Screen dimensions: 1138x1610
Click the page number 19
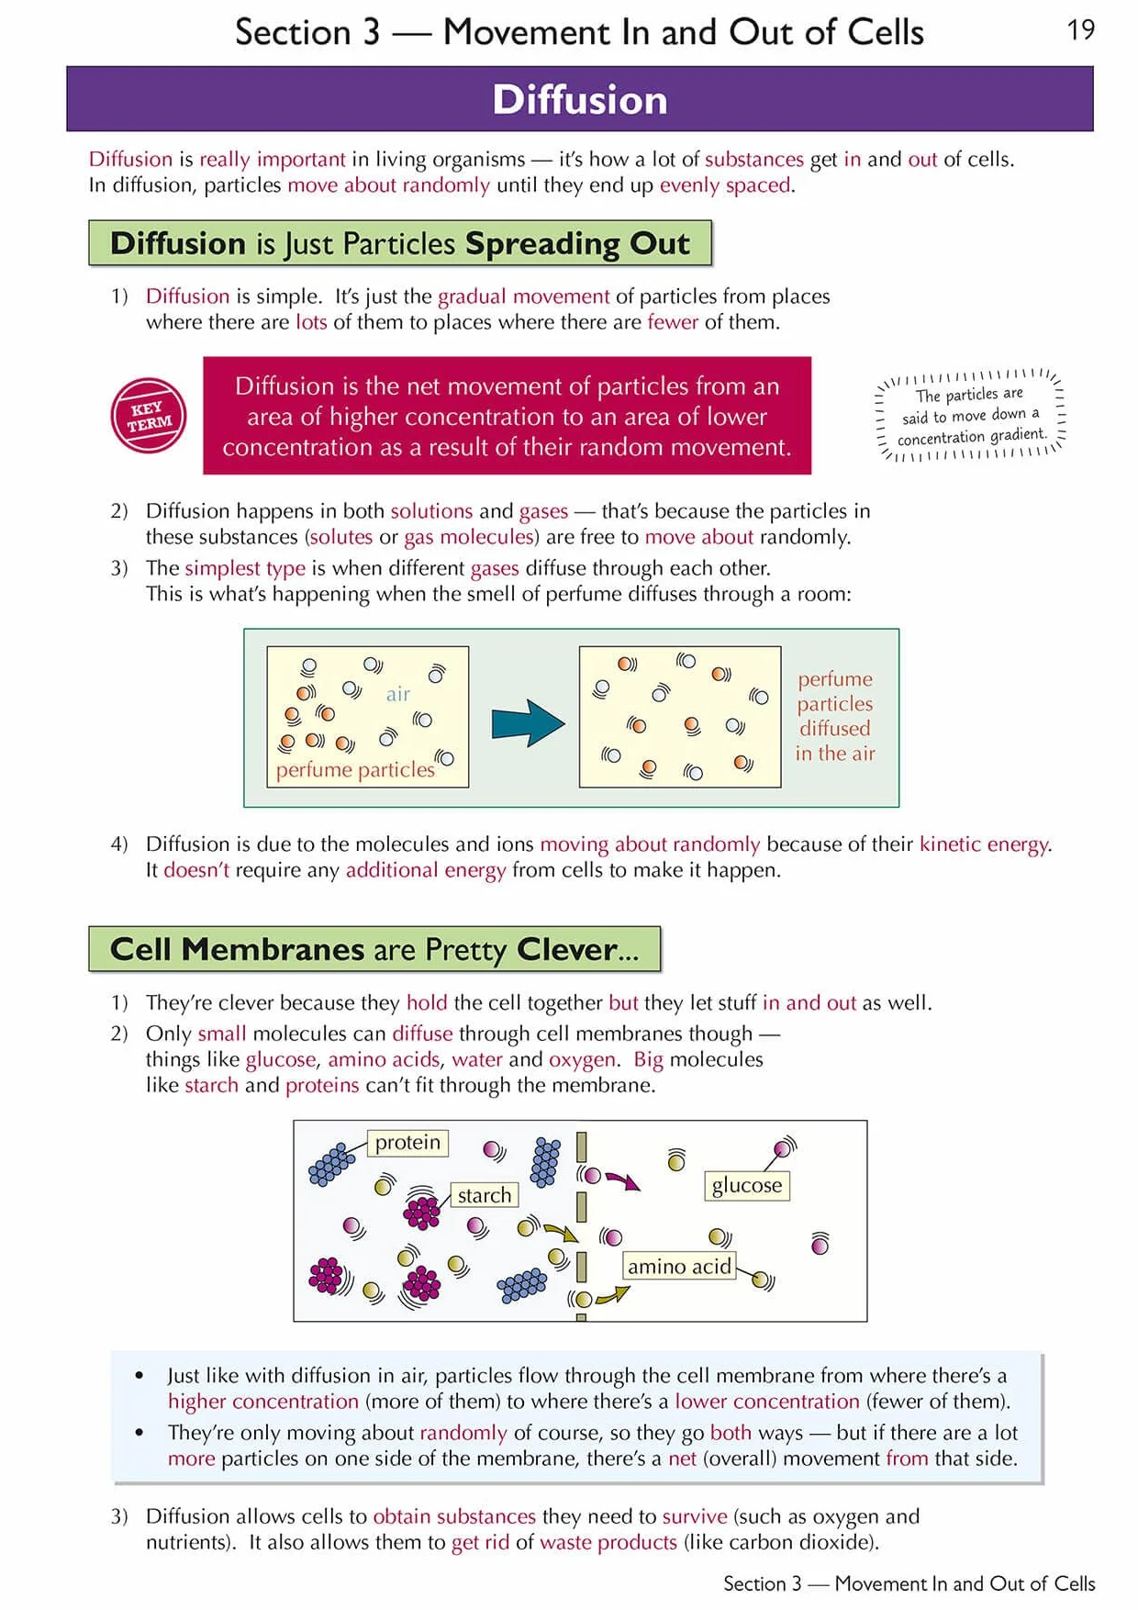click(x=1080, y=30)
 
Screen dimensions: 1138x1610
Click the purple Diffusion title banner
click(x=580, y=99)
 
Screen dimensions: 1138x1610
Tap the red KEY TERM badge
click(x=149, y=416)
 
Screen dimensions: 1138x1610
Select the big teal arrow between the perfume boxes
click(x=528, y=723)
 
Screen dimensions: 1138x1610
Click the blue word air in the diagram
click(x=397, y=694)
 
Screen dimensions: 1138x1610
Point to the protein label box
click(x=407, y=1143)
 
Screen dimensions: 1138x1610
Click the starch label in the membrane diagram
click(x=485, y=1195)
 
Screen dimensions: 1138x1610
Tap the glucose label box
click(x=747, y=1185)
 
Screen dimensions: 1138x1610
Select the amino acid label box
click(x=679, y=1267)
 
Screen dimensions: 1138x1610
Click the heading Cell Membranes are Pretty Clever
click(x=374, y=949)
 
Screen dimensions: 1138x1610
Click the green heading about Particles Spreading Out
click(x=400, y=243)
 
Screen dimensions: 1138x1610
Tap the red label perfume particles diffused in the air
click(x=835, y=716)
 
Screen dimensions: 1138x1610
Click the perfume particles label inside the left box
click(x=355, y=769)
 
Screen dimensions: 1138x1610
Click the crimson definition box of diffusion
click(x=507, y=416)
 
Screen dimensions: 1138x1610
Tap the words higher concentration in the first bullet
click(x=263, y=1402)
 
